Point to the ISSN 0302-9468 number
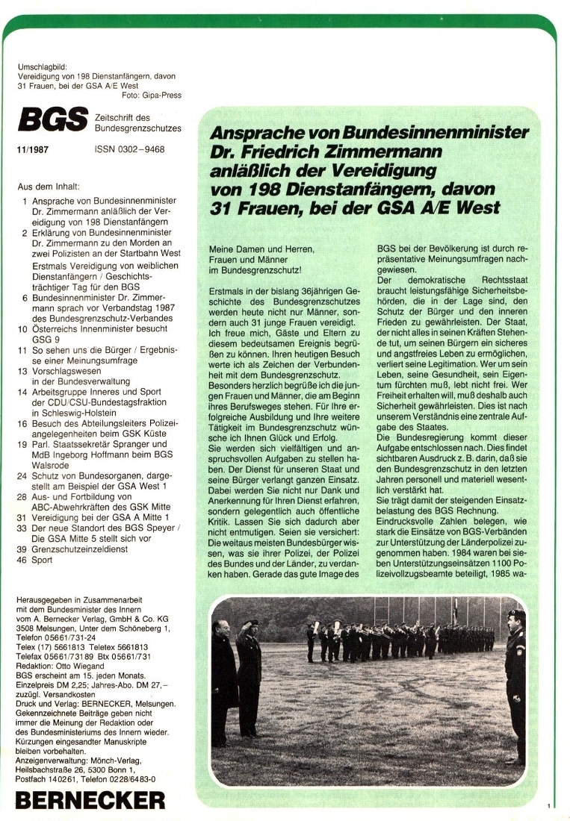[x=130, y=149]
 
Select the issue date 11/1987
[x=31, y=149]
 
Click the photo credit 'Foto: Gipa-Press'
[x=151, y=95]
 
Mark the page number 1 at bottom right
[x=548, y=805]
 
